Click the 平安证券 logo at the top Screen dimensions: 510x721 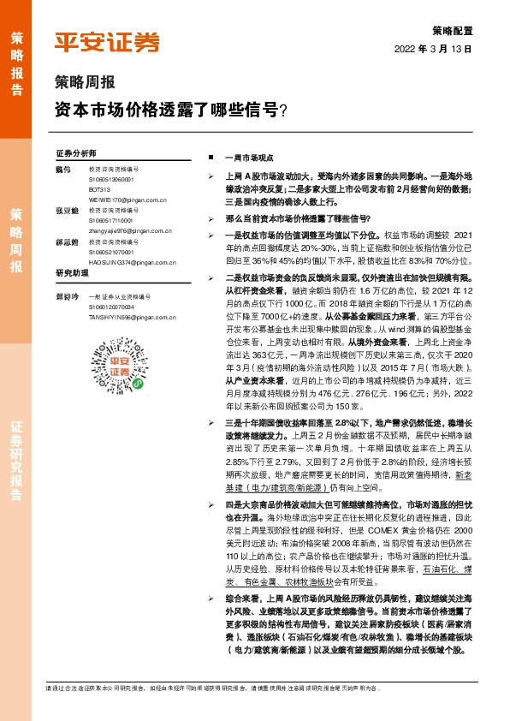pos(107,42)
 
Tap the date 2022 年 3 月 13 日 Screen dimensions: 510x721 pos(434,49)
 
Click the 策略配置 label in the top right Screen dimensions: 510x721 pos(453,28)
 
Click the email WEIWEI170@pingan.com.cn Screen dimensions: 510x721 pos(129,199)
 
